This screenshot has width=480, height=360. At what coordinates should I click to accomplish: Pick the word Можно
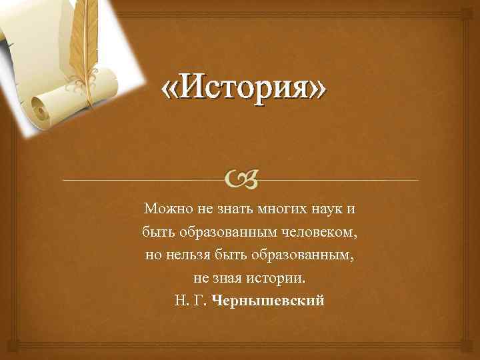163,210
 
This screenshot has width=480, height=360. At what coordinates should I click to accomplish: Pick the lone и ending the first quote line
351,210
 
